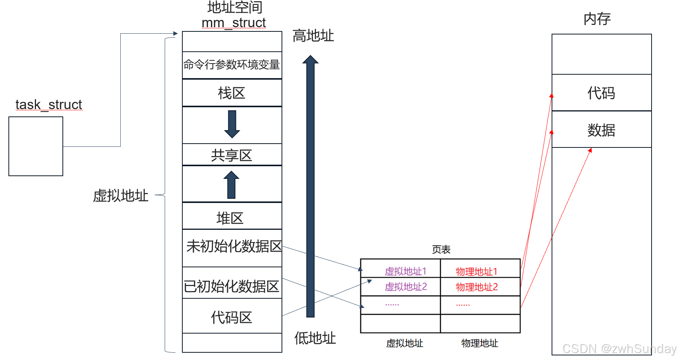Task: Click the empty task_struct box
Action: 36,146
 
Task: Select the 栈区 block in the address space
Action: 232,93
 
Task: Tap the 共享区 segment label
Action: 232,155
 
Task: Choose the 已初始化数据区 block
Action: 232,286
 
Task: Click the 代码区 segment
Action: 232,317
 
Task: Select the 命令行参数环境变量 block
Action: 232,65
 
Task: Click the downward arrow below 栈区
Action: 232,124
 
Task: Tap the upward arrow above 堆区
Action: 231,185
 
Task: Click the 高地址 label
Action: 313,36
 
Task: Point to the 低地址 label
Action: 315,338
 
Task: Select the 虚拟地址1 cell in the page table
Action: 405,271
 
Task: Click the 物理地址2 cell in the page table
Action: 477,287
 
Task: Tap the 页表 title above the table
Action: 441,249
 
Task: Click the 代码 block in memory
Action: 601,93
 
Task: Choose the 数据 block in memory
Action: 601,130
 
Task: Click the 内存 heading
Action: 597,18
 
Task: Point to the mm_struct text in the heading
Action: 234,23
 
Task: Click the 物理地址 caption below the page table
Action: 480,343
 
